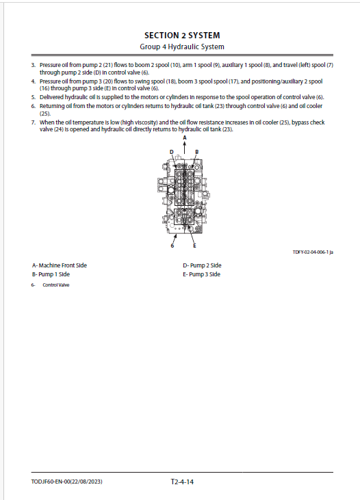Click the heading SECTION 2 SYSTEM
point(182,35)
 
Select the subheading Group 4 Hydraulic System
point(182,47)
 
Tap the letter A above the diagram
point(185,137)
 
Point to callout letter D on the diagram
point(171,152)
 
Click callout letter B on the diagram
point(196,152)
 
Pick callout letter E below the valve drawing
point(194,246)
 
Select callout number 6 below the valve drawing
point(172,246)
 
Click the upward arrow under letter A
point(185,147)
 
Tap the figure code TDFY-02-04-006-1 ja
point(313,252)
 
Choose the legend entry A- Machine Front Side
point(60,265)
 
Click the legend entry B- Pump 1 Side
point(51,274)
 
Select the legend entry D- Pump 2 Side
point(202,265)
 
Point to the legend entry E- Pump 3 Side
point(201,274)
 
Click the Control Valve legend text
point(56,285)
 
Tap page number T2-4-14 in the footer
point(182,482)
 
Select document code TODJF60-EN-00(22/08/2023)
point(66,482)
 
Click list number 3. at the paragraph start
point(33,65)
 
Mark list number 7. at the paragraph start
point(33,122)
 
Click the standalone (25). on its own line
point(45,114)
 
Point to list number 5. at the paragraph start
point(33,97)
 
